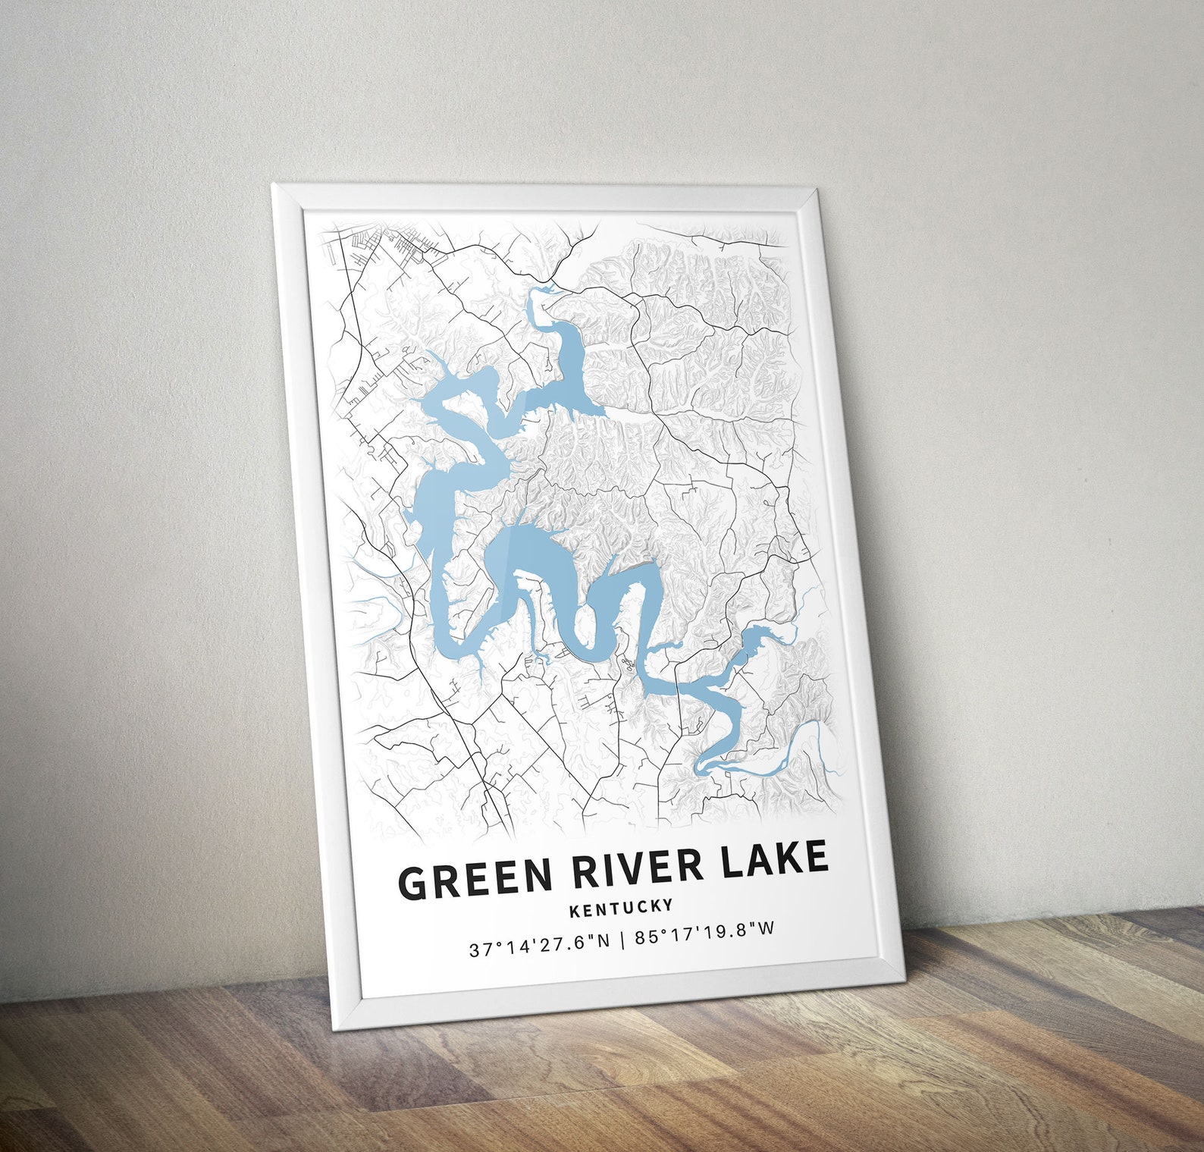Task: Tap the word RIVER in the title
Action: [638, 868]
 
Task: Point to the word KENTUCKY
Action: [621, 906]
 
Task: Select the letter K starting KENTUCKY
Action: [574, 910]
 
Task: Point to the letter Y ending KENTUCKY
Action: [668, 903]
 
